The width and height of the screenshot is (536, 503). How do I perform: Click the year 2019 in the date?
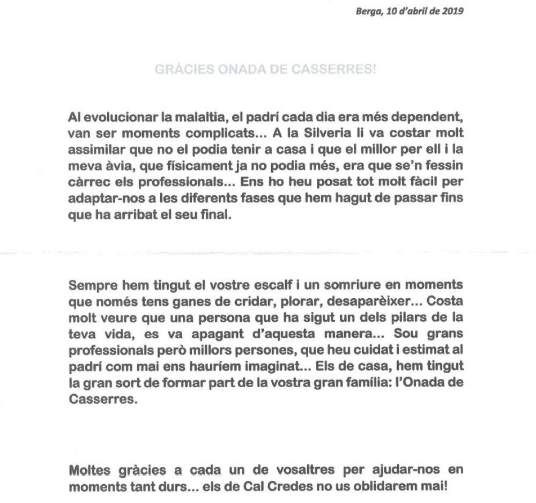pyautogui.click(x=453, y=11)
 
